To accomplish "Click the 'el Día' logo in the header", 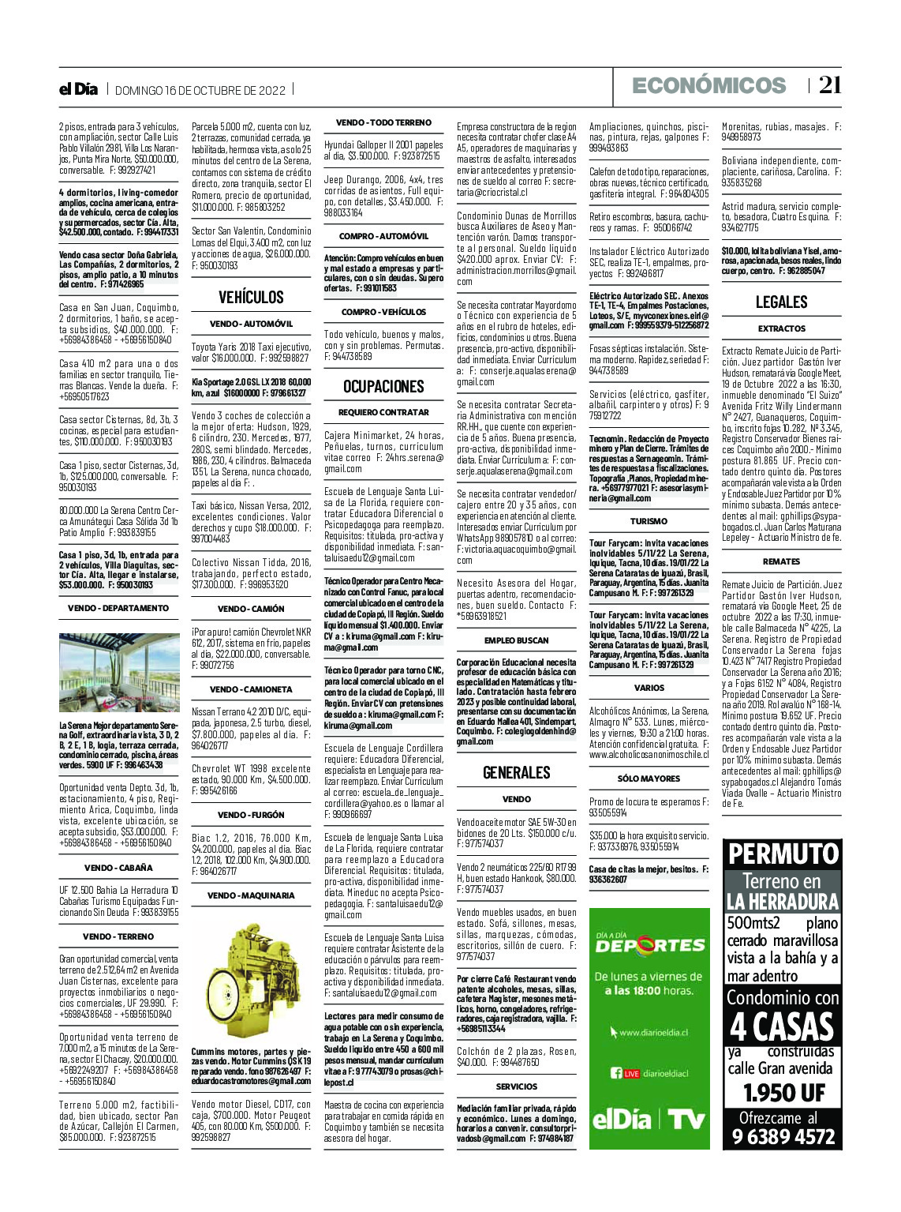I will [78, 89].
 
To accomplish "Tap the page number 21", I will [829, 85].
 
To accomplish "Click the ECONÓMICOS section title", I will [708, 85].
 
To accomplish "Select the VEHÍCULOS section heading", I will [251, 297].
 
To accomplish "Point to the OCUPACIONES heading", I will [383, 386].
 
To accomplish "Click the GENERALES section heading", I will [516, 772].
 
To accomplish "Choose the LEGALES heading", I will [781, 302].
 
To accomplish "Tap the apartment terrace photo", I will [118, 673].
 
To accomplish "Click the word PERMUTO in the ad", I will [782, 854].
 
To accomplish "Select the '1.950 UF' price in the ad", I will [782, 1094].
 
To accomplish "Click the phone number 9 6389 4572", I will [782, 1137].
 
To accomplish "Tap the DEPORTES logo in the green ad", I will [649, 944].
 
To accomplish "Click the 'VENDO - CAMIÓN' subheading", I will [251, 609].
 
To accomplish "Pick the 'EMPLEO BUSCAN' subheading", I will [516, 640].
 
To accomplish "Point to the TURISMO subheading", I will [649, 521].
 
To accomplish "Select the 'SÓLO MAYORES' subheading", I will [649, 779].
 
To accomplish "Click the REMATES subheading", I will [781, 561].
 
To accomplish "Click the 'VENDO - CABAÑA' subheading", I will [118, 868].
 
